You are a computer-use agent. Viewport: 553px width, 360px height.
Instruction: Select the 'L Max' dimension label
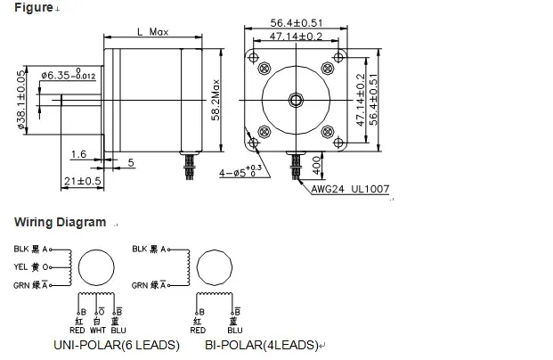coord(152,31)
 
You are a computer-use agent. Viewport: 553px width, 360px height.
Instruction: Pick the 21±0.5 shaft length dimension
coord(82,181)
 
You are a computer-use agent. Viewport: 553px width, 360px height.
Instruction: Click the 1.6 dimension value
coord(78,153)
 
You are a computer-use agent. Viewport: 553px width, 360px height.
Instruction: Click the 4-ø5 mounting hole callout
coord(241,170)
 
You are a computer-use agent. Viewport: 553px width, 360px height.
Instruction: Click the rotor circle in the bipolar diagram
coord(214,267)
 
